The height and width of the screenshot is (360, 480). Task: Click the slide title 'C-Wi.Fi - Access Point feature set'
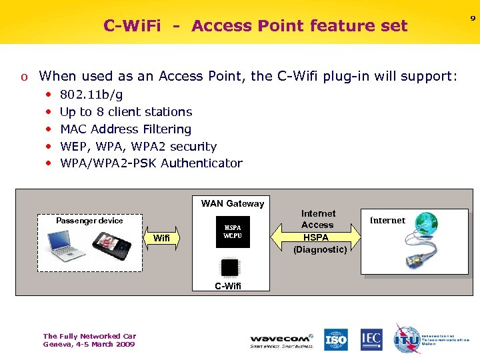point(255,26)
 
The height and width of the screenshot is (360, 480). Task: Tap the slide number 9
point(473,19)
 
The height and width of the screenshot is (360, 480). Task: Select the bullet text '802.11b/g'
point(91,95)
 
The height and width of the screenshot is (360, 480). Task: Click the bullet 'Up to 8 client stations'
point(126,112)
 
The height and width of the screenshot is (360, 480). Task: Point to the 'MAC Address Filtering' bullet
point(125,129)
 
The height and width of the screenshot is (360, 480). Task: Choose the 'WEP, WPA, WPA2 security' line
point(138,146)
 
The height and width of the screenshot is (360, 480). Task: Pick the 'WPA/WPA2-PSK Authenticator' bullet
point(151,163)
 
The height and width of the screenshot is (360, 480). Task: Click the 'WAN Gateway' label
point(232,203)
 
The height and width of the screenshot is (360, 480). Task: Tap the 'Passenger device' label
point(89,220)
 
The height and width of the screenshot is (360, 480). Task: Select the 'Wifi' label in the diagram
point(161,238)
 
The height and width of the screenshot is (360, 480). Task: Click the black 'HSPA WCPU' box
point(232,232)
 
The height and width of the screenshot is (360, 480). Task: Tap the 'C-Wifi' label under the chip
point(228,286)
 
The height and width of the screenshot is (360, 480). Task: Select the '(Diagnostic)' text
point(320,249)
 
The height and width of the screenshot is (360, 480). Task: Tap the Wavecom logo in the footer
point(281,340)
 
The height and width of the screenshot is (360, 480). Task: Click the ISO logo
point(336,339)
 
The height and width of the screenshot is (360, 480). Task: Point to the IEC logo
point(371,339)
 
